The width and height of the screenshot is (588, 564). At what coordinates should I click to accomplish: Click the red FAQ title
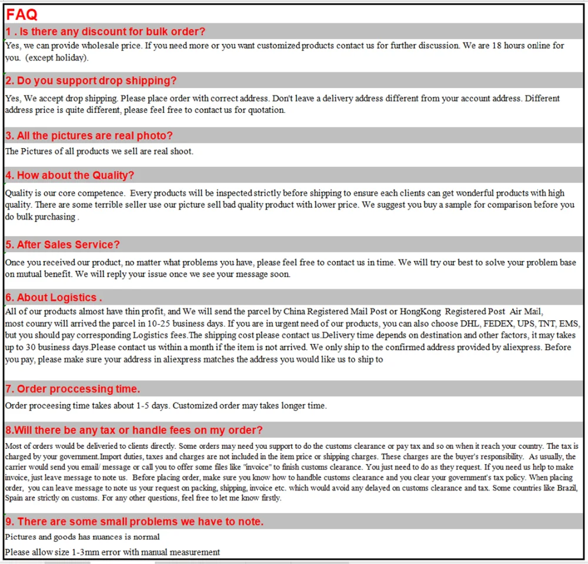[x=22, y=15]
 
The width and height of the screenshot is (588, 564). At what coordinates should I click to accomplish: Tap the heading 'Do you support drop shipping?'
[x=91, y=80]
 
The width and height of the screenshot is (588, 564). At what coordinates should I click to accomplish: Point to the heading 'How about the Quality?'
[x=70, y=175]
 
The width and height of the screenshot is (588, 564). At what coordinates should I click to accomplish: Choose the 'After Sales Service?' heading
[x=63, y=244]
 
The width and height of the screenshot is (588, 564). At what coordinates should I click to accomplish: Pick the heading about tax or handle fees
[x=134, y=430]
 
